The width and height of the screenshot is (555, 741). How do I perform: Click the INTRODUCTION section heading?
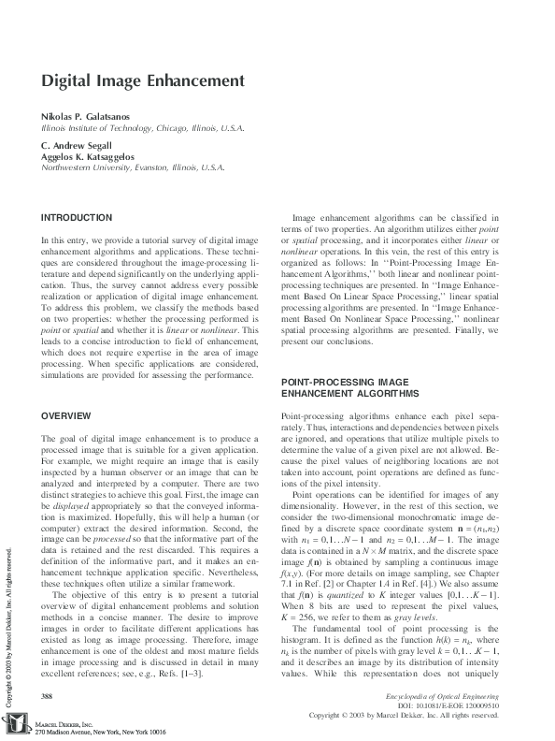tap(77, 218)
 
